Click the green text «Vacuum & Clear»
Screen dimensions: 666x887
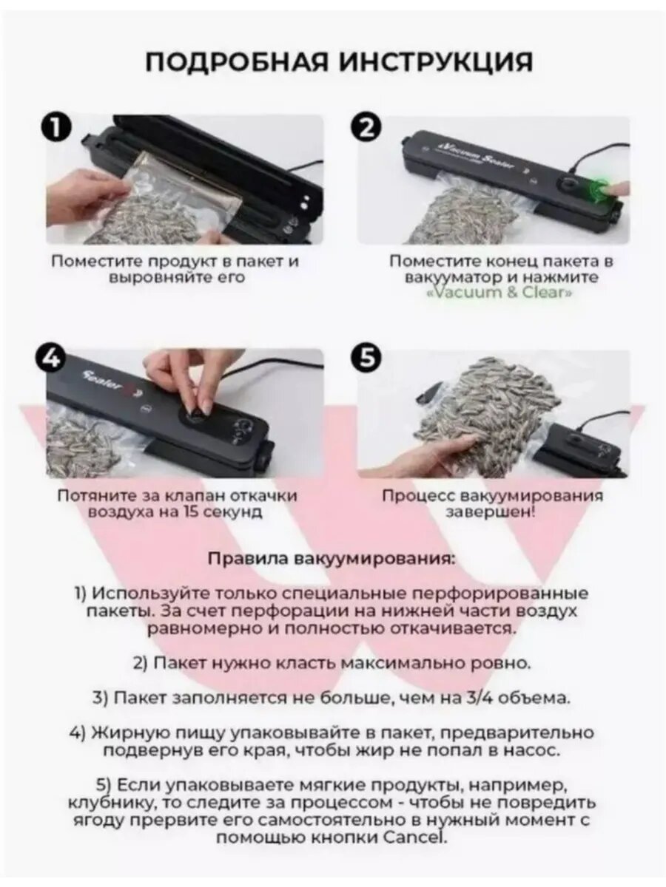(x=499, y=292)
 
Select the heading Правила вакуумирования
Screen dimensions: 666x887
(x=332, y=559)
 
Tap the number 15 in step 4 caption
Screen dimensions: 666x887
(x=189, y=512)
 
